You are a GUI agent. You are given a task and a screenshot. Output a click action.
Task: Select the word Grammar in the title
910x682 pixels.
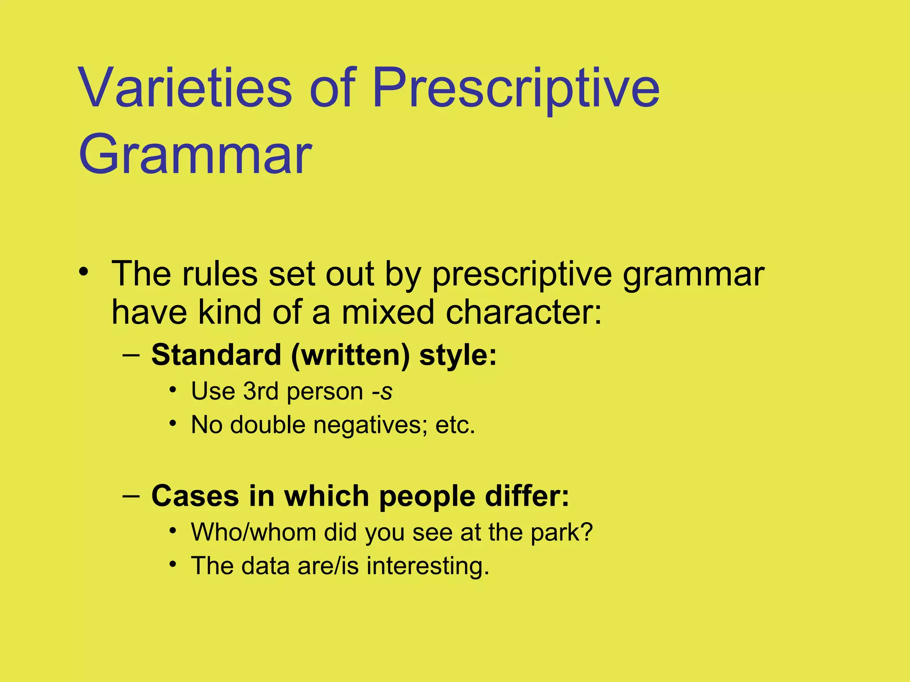click(x=196, y=155)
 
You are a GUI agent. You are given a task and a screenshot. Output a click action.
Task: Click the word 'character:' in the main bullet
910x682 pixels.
click(x=524, y=312)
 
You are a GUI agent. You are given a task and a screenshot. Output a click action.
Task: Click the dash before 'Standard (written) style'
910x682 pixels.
click(x=131, y=355)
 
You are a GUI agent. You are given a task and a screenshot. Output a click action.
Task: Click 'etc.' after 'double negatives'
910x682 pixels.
click(x=455, y=425)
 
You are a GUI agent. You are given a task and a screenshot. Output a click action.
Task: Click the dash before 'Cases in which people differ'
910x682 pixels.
click(x=131, y=496)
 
